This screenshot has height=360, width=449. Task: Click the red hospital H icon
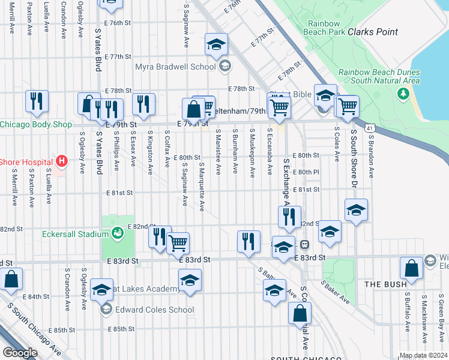click(x=61, y=161)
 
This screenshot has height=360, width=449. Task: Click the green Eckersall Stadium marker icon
click(x=118, y=232)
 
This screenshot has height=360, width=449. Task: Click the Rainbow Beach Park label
click(x=325, y=28)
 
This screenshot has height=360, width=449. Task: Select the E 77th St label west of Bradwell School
click(x=117, y=56)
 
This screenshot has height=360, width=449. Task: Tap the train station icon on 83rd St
click(x=304, y=245)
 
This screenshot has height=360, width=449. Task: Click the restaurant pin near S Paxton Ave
click(x=37, y=101)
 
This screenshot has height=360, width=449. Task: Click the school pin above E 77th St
click(x=216, y=44)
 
